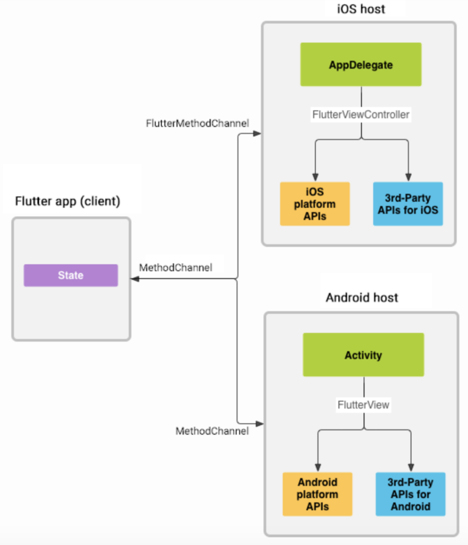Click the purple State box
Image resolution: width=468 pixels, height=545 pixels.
click(71, 275)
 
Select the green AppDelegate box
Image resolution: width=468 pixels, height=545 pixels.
click(361, 65)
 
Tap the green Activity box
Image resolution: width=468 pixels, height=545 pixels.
click(363, 355)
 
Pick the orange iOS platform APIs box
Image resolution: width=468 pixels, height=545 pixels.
click(315, 204)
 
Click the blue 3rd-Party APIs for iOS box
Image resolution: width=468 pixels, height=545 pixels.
click(408, 204)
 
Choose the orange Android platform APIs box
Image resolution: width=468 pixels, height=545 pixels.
click(317, 494)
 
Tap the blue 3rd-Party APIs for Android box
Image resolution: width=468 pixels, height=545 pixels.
click(410, 494)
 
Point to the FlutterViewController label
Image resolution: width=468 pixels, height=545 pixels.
click(361, 114)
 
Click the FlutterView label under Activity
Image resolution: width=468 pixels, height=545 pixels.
click(363, 405)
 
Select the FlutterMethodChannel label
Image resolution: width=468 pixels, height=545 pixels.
click(197, 123)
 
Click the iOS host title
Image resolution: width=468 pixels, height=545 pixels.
click(361, 9)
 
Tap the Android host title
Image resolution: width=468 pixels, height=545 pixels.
click(362, 298)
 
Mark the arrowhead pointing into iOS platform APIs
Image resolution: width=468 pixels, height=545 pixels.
click(315, 177)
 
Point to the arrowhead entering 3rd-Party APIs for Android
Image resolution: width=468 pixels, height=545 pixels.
click(411, 467)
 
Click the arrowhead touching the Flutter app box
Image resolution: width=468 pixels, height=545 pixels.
click(135, 279)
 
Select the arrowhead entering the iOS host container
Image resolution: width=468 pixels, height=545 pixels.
click(257, 134)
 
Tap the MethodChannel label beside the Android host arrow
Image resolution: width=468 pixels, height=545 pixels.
click(212, 431)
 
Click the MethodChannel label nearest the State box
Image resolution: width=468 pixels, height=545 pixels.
click(176, 267)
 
